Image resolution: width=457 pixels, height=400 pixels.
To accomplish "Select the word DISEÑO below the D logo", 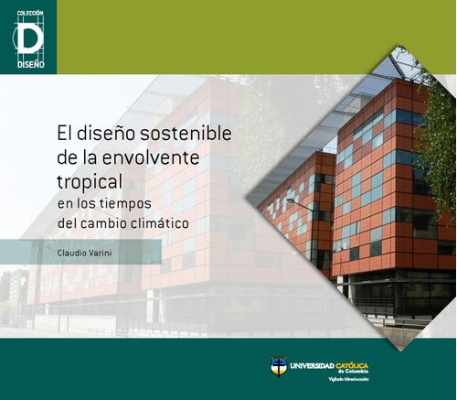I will coord(28,64).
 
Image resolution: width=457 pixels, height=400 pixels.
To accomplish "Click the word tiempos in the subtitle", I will coord(134,201).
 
